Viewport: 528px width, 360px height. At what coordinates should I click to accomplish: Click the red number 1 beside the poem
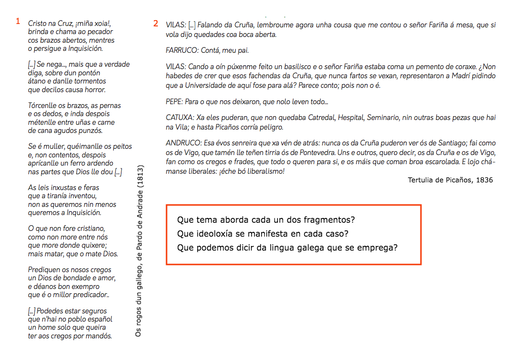tap(18, 22)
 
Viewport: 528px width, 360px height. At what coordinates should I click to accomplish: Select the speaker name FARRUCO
tap(181, 50)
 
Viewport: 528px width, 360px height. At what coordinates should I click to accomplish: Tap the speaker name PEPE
tap(175, 102)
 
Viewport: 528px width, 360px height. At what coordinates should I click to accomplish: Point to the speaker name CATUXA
tap(180, 118)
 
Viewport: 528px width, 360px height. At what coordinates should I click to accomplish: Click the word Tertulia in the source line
tap(421, 180)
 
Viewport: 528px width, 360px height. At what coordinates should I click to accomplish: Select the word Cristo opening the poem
tap(37, 23)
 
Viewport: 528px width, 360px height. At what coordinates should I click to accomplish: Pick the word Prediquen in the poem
tap(43, 270)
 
